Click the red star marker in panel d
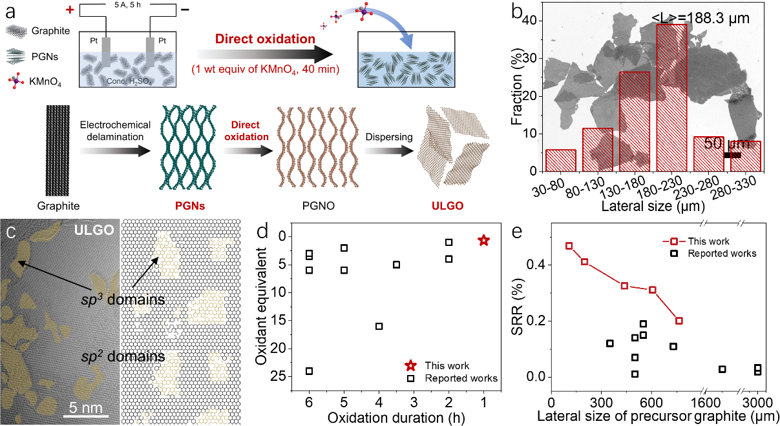pos(483,240)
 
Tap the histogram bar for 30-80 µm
pos(561,161)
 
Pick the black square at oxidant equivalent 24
pos(309,371)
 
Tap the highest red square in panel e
pos(569,246)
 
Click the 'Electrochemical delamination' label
pos(116,130)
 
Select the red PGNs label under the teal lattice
pos(174,207)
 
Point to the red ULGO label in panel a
pos(447,207)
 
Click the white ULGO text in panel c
pos(93,230)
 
